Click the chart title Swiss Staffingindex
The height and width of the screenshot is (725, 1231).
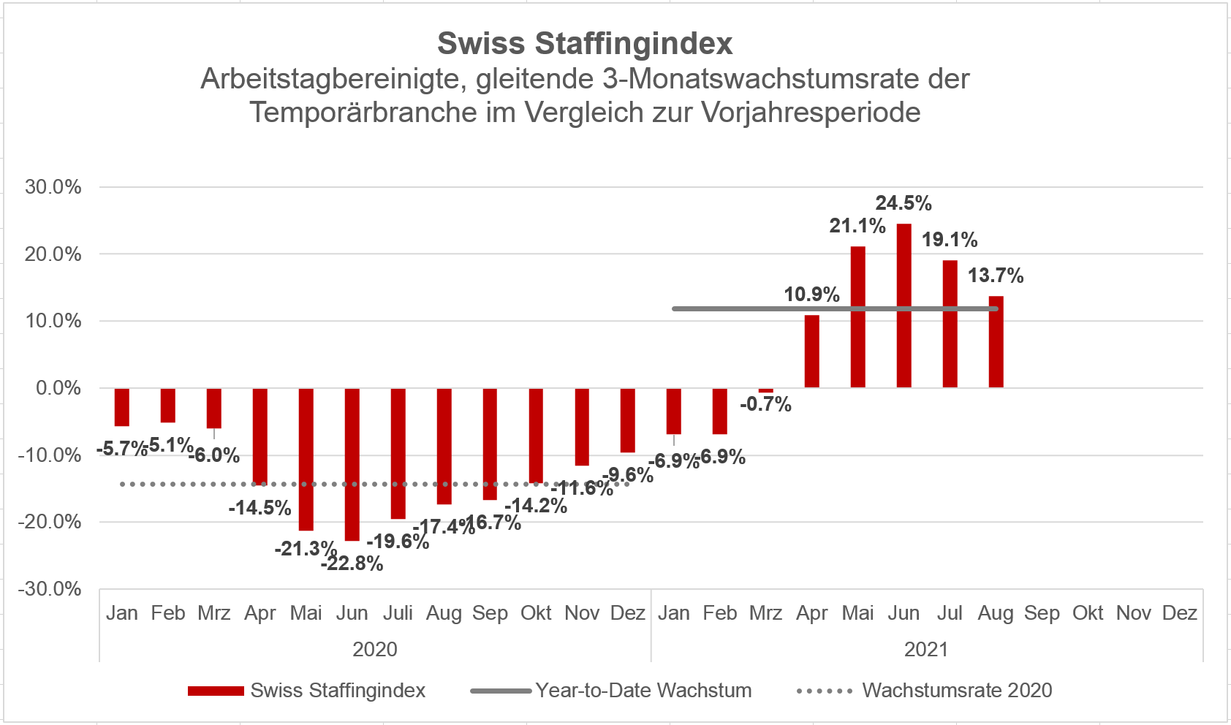(585, 44)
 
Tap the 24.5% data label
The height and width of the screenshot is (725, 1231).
(904, 203)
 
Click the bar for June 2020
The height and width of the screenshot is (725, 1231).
(352, 464)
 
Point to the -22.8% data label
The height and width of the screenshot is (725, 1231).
(352, 563)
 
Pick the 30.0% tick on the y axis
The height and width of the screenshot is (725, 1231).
(53, 187)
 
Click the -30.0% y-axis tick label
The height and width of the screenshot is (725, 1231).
(50, 589)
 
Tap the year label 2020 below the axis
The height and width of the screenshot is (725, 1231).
(375, 649)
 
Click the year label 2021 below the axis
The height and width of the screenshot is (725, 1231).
(926, 649)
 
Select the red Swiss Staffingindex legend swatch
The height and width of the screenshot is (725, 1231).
(216, 691)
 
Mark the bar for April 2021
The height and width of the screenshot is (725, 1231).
(811, 352)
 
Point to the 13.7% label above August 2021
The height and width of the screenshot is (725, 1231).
(996, 276)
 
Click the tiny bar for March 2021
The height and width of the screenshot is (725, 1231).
(765, 391)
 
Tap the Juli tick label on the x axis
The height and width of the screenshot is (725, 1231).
(398, 613)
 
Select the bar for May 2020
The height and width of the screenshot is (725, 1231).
(306, 459)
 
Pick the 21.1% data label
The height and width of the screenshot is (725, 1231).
(857, 226)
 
